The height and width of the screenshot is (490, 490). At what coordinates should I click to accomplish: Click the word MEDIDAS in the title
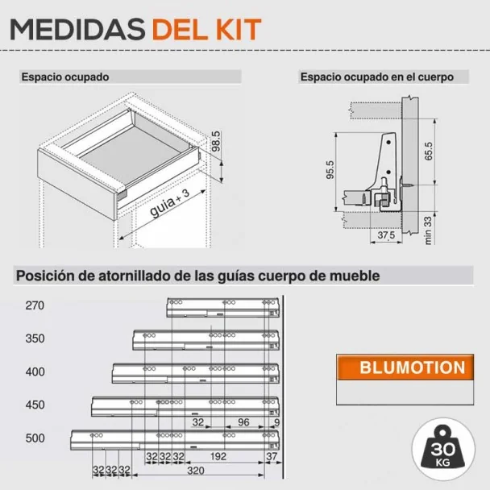[x=77, y=29]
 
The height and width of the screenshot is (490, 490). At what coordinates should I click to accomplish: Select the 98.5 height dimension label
[x=216, y=141]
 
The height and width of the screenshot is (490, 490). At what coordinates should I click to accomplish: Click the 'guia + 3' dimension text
[x=170, y=202]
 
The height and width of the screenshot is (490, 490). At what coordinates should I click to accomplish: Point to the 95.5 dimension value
[x=330, y=170]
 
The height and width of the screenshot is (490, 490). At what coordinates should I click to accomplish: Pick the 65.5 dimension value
[x=429, y=152]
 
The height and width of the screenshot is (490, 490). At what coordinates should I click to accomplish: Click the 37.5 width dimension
[x=386, y=235]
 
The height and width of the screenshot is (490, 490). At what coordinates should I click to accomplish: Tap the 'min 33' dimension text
[x=428, y=230]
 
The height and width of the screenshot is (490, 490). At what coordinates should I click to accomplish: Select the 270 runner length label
[x=35, y=305]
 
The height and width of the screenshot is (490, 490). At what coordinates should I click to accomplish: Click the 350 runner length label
[x=35, y=338]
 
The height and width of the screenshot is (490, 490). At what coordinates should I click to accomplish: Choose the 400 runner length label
[x=35, y=372]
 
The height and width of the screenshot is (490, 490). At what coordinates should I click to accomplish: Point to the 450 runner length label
[x=35, y=405]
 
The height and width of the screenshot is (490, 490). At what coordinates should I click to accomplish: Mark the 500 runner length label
[x=35, y=438]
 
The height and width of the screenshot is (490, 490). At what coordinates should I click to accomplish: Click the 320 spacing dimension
[x=196, y=471]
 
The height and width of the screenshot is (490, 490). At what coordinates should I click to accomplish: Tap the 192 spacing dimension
[x=218, y=456]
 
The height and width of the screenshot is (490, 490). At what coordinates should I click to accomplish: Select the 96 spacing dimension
[x=243, y=422]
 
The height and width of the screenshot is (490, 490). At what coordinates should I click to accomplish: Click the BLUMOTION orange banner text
[x=412, y=367]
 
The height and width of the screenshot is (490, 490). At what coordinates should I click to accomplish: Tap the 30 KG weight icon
[x=443, y=450]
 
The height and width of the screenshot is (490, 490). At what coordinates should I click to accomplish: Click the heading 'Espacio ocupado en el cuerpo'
[x=377, y=77]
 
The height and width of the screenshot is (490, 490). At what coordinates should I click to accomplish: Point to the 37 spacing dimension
[x=272, y=456]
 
